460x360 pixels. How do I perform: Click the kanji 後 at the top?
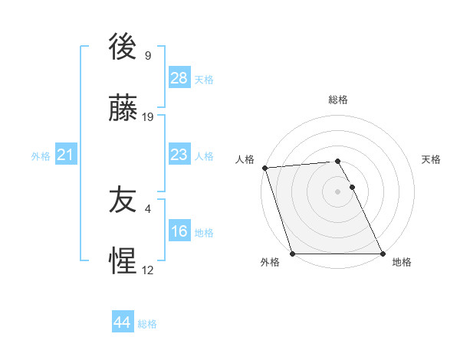pos(123,47)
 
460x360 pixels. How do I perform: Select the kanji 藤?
pos(123,109)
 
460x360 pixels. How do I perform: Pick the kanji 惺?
pos(123,262)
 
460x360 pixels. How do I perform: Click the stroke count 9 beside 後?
pos(148,56)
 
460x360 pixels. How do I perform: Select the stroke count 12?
pos(148,270)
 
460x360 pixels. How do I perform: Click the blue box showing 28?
pos(179,78)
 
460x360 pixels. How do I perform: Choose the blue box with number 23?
pos(179,155)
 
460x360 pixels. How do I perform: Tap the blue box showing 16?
pos(179,231)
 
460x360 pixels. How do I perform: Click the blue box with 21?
pos(65,155)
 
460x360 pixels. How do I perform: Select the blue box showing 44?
pos(122,322)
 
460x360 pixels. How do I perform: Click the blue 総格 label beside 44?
pos(147,324)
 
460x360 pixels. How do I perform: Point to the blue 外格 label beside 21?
pos(41,156)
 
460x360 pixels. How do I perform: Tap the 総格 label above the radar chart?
pos(338,100)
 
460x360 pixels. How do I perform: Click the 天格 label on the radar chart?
pos(432,159)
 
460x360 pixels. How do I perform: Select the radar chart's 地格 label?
pos(402,262)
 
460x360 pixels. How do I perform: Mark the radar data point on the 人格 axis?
pos(264,168)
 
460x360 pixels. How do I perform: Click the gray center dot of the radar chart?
pos(338,191)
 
